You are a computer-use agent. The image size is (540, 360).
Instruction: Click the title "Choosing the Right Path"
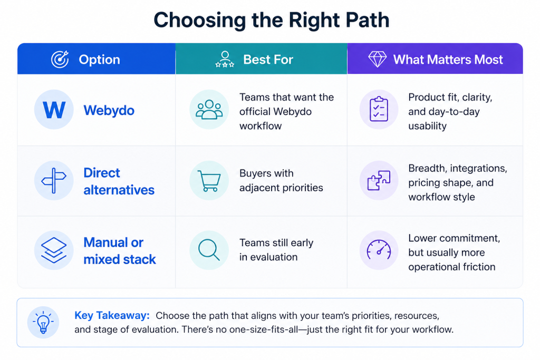(x=272, y=21)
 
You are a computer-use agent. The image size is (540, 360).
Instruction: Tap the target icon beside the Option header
(x=60, y=59)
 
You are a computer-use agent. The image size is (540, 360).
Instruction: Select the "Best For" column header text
(x=268, y=60)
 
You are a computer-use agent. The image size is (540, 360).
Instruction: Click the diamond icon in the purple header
(x=378, y=59)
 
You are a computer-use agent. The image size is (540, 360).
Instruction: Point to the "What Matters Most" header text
(x=448, y=60)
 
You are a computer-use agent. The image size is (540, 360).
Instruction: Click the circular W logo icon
(x=54, y=110)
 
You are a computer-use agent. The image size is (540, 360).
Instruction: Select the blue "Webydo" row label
(x=109, y=111)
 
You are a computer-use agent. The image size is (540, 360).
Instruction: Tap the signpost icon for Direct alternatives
(x=54, y=180)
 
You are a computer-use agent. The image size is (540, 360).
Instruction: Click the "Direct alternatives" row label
(x=119, y=181)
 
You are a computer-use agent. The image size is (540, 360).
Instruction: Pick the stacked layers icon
(x=54, y=250)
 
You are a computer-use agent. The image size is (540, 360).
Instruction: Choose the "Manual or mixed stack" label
(x=120, y=250)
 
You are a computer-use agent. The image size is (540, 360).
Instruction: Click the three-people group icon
(x=209, y=110)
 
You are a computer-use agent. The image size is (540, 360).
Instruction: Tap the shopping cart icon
(x=209, y=180)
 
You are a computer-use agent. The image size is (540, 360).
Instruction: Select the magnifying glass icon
(x=209, y=250)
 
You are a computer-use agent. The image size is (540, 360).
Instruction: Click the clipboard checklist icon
(x=379, y=110)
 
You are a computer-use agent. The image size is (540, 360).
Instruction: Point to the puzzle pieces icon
(x=379, y=180)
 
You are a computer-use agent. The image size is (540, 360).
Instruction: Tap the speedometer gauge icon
(x=379, y=250)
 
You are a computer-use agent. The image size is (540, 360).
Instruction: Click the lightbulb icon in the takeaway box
(x=43, y=322)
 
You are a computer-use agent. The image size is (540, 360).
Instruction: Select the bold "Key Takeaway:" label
(x=112, y=315)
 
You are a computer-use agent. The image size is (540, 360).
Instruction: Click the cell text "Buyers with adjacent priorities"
(x=281, y=180)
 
